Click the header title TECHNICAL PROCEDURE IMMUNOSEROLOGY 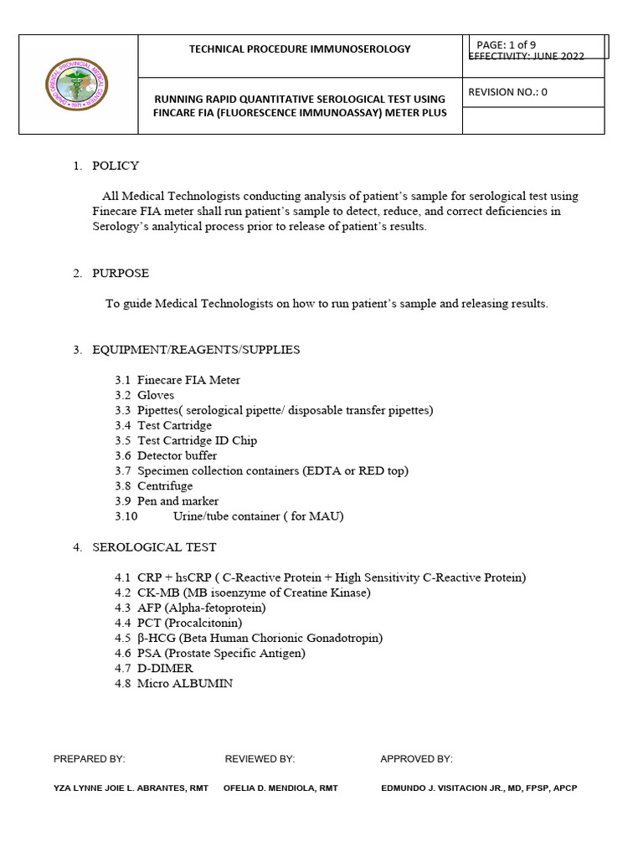click(300, 49)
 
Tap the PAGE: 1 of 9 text click(507, 45)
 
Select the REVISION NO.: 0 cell click(508, 92)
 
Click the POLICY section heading click(116, 166)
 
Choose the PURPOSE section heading click(121, 273)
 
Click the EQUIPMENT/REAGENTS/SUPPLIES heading click(196, 349)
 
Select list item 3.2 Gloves click(145, 395)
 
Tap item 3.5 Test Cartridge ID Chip click(186, 440)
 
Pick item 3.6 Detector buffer click(166, 455)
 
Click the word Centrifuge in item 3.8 click(165, 485)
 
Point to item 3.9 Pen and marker click(167, 500)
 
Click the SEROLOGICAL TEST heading click(154, 547)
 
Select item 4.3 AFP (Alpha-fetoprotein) click(190, 608)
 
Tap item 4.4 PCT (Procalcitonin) click(178, 623)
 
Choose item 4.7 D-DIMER click(154, 668)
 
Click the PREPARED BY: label click(89, 759)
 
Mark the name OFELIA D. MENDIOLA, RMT click(280, 788)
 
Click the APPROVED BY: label click(416, 759)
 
